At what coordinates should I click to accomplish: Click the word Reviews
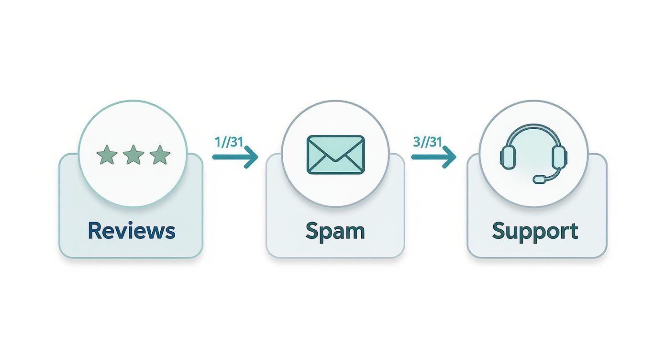click(x=132, y=231)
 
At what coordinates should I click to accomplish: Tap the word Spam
click(x=335, y=232)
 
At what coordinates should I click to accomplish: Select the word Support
click(x=535, y=232)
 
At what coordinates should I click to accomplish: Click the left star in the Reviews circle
click(x=107, y=155)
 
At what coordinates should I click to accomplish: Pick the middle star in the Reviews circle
click(x=133, y=155)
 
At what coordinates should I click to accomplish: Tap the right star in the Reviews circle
click(x=160, y=155)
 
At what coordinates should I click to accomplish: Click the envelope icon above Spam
click(x=335, y=155)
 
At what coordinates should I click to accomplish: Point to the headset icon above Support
click(x=533, y=154)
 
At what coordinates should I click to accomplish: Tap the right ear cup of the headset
click(x=560, y=157)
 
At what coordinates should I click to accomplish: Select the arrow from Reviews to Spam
click(x=235, y=157)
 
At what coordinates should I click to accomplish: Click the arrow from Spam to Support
click(x=433, y=157)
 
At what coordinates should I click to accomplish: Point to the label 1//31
click(x=229, y=142)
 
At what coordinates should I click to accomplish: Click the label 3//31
click(x=428, y=142)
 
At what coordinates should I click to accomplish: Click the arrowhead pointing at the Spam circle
click(x=252, y=157)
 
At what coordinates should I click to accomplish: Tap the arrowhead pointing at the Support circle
click(x=450, y=157)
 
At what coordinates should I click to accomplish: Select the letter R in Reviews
click(x=94, y=231)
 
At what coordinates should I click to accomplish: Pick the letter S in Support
click(x=499, y=231)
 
